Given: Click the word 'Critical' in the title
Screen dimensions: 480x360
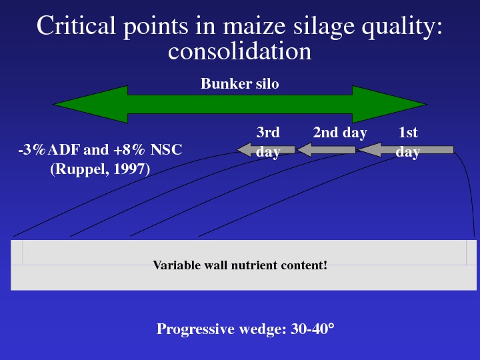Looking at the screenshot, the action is (76, 25).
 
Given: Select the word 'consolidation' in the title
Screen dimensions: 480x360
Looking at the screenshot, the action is (240, 51).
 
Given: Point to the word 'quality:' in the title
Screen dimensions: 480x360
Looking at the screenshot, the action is (402, 27).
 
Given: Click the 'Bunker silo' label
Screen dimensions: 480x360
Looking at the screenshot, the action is (240, 83).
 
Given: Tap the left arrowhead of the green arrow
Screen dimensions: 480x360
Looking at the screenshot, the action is (91, 105).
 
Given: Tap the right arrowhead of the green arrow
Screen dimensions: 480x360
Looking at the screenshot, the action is (390, 105).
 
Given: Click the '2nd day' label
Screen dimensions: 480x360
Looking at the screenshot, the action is (340, 133).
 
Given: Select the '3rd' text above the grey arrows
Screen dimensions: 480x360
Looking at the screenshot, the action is (268, 132).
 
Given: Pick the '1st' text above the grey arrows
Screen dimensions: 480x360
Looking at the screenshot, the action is (409, 132).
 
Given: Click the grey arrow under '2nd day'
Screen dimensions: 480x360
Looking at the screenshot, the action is (326, 150).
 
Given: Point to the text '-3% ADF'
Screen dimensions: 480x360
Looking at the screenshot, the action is (49, 150).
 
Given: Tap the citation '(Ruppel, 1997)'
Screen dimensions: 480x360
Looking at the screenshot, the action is (100, 169).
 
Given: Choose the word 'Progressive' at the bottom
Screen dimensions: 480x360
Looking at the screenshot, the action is (195, 329).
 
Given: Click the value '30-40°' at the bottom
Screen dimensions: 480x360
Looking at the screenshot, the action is (312, 329).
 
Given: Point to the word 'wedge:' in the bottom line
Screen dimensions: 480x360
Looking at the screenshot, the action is (263, 329).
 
